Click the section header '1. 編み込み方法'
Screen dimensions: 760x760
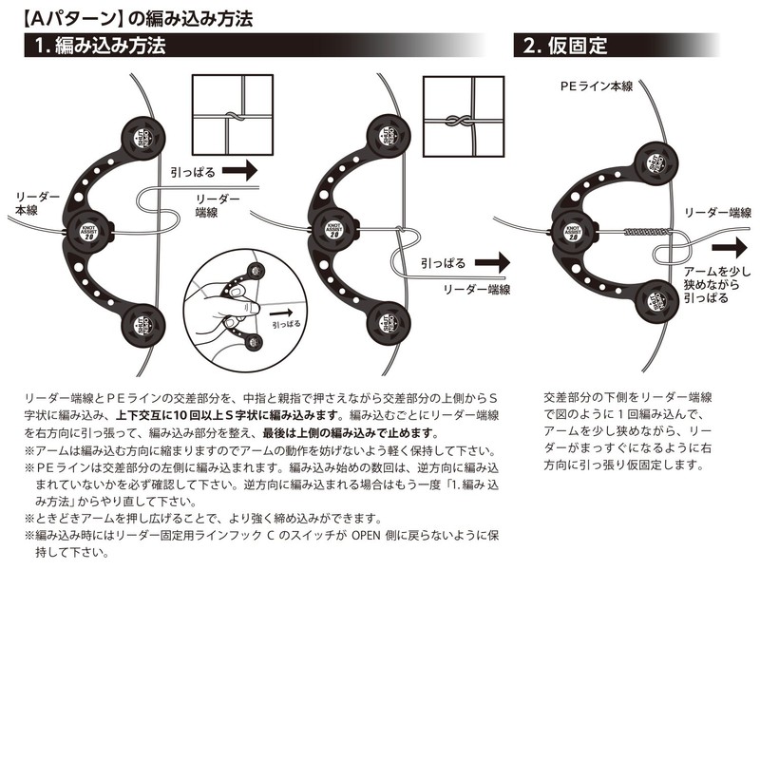point(100,46)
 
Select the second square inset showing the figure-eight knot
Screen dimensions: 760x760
point(461,115)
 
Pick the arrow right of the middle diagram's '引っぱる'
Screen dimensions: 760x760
point(493,260)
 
